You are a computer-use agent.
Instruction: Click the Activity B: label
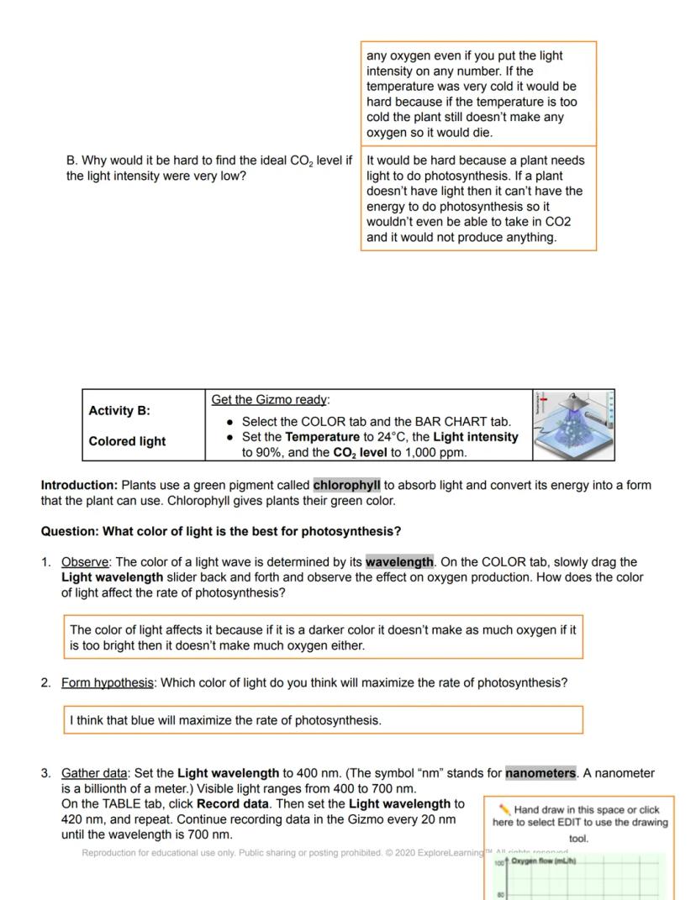pos(119,411)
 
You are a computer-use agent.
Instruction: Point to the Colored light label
pos(127,441)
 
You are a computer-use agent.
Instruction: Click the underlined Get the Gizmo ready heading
pos(271,400)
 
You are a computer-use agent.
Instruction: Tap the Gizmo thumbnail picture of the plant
pos(573,425)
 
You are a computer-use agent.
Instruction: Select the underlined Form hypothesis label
pos(108,683)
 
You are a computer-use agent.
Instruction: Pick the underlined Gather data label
pos(94,773)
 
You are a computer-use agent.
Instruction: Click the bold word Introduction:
pos(79,486)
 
